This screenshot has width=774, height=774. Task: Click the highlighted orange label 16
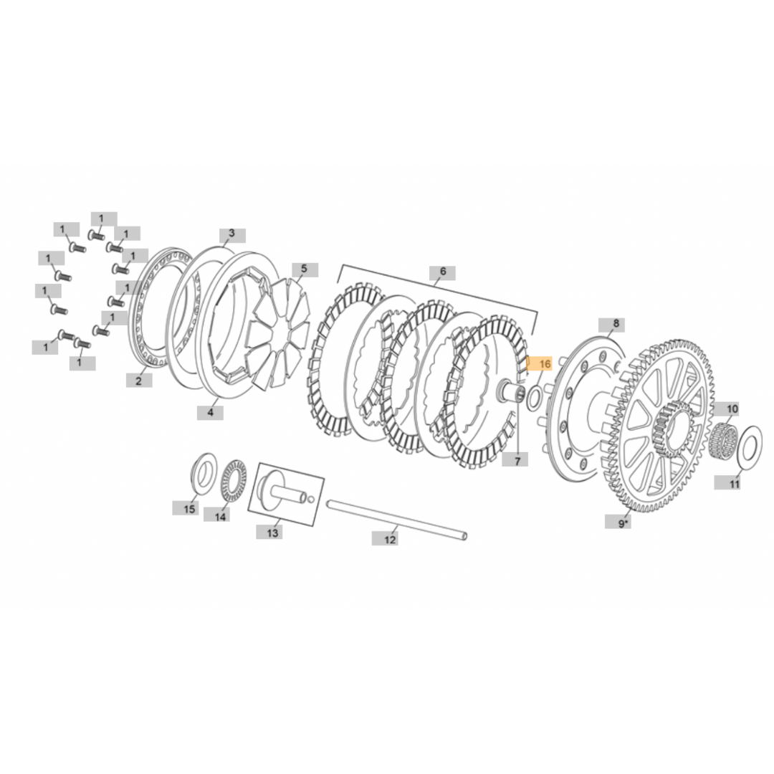[541, 364]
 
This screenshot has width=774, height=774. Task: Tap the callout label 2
[138, 381]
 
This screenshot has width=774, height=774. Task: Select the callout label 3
[231, 234]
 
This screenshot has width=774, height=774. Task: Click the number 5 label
[304, 269]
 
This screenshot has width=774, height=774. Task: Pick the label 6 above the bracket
[443, 272]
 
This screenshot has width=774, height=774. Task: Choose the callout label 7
[515, 459]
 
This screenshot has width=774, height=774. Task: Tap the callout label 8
[615, 325]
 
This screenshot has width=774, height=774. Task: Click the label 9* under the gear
[624, 524]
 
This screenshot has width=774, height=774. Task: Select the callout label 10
[732, 410]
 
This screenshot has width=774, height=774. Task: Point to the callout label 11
[733, 484]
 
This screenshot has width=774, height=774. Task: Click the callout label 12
[389, 539]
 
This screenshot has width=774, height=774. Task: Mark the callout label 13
[272, 532]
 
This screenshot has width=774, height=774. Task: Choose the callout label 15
[189, 509]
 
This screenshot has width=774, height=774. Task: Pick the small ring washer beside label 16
[535, 396]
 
